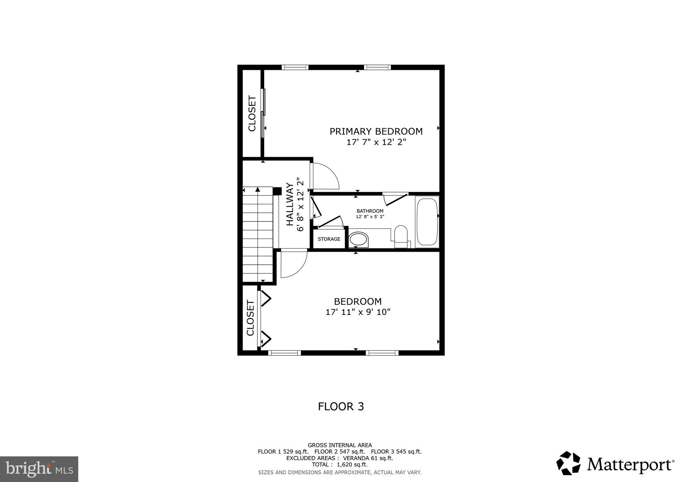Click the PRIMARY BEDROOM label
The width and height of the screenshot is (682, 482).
pyautogui.click(x=376, y=131)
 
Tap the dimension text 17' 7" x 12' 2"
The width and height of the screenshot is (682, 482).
pyautogui.click(x=376, y=142)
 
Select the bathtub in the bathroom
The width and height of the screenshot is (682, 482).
pyautogui.click(x=427, y=222)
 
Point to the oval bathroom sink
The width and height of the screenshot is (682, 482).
pyautogui.click(x=358, y=239)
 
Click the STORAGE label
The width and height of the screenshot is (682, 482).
pyautogui.click(x=329, y=239)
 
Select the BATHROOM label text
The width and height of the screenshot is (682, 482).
pyautogui.click(x=370, y=211)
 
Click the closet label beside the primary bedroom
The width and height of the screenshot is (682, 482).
pyautogui.click(x=252, y=114)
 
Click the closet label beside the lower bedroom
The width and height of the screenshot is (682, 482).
pyautogui.click(x=250, y=318)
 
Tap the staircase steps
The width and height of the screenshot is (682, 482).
pyautogui.click(x=258, y=235)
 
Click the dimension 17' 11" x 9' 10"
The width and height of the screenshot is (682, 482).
pyautogui.click(x=358, y=312)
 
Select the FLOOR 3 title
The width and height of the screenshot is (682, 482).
pyautogui.click(x=341, y=406)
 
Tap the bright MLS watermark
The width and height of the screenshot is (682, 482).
pyautogui.click(x=39, y=469)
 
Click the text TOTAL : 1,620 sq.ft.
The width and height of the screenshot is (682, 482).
pyautogui.click(x=340, y=464)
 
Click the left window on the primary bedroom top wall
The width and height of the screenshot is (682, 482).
pyautogui.click(x=295, y=67)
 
